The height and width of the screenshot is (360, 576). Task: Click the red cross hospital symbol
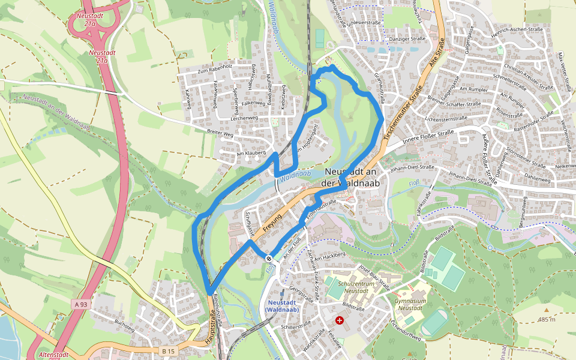340,320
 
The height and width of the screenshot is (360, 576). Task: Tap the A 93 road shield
81,305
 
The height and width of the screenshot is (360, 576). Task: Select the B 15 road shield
169,350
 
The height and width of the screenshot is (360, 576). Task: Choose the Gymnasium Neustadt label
410,304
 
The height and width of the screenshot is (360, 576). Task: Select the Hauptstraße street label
211,330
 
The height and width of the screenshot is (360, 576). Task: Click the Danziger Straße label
409,39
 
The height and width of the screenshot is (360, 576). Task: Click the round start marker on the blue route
269,259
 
